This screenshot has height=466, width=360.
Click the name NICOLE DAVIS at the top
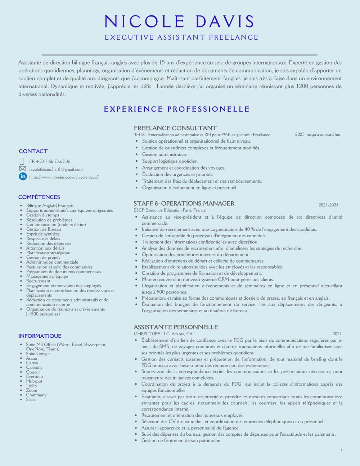point(179,22)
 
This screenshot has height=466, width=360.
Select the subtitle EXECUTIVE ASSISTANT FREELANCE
point(181,37)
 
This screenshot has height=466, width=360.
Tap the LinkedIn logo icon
point(23,176)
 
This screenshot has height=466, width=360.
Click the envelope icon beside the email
point(22,169)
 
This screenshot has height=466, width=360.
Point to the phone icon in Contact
point(22,161)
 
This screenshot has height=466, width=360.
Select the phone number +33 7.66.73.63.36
point(50,161)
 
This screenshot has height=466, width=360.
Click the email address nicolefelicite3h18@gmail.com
point(56,169)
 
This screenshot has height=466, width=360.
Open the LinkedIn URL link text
point(64,177)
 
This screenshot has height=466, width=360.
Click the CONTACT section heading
point(33,151)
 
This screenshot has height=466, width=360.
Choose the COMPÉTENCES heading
point(39,197)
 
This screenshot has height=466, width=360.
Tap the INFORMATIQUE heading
point(40,336)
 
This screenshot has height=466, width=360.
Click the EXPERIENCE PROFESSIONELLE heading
point(177,109)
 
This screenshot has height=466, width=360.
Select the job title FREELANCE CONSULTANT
point(175,128)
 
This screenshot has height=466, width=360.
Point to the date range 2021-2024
point(328,205)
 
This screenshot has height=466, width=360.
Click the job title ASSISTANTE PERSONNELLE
point(176,327)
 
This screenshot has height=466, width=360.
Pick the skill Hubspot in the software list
point(34,381)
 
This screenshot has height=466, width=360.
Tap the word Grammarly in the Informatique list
point(36,395)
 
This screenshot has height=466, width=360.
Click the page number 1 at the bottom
point(341,451)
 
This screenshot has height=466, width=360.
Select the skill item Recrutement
point(38,281)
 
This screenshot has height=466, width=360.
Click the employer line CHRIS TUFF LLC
point(152,334)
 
